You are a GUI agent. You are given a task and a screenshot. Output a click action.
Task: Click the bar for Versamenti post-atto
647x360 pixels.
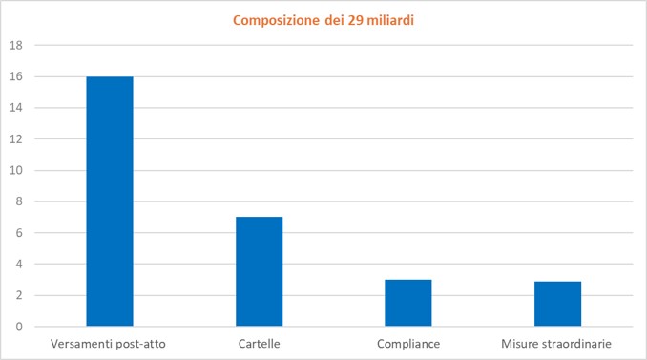(x=110, y=201)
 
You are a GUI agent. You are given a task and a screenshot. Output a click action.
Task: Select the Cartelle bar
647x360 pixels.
(x=260, y=271)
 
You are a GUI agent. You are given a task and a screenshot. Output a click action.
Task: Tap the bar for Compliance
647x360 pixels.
(x=408, y=303)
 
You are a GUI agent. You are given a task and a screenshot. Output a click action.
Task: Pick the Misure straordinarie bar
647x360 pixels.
(x=558, y=304)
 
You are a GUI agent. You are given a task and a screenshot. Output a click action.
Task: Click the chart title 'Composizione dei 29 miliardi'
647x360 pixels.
(x=323, y=20)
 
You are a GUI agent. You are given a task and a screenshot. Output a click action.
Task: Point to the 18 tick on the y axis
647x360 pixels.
(x=16, y=46)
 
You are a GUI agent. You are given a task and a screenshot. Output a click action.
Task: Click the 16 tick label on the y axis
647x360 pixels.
(x=16, y=76)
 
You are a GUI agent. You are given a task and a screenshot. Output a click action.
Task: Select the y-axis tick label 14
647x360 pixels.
(x=16, y=108)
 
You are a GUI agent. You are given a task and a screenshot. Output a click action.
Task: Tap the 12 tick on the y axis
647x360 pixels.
(x=16, y=139)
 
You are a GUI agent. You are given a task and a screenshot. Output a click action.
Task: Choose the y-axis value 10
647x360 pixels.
(x=16, y=170)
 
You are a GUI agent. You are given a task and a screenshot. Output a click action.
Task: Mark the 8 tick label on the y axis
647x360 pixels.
(x=19, y=201)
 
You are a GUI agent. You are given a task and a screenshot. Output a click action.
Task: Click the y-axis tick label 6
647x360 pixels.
(x=19, y=233)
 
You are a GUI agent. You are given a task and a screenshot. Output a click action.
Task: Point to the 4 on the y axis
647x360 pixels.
(x=19, y=264)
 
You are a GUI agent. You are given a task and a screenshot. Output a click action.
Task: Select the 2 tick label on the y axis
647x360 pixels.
(x=19, y=295)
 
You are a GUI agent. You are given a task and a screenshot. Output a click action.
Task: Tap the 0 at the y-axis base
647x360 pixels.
(x=19, y=327)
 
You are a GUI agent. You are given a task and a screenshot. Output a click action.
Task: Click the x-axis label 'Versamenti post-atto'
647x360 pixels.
(x=108, y=344)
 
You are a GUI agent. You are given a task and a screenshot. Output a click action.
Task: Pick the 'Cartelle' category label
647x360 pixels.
(x=260, y=344)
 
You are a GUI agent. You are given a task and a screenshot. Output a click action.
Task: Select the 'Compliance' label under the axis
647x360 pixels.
(x=408, y=344)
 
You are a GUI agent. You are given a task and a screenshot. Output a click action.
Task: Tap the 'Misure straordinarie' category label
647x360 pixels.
(x=556, y=344)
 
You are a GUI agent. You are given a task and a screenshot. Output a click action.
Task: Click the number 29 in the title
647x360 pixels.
(x=355, y=20)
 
